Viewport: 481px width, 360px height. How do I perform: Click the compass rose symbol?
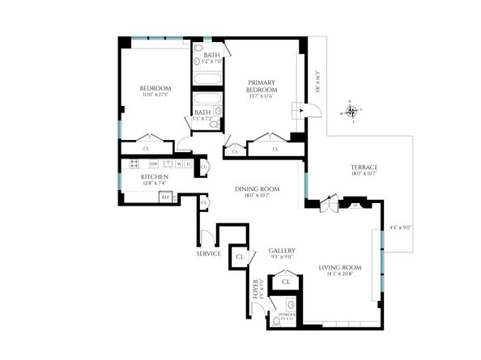(351, 111)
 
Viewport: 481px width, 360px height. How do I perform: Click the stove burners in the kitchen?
(136, 165)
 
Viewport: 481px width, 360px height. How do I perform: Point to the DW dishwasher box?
(154, 165)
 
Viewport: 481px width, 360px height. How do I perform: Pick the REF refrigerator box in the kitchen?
(165, 197)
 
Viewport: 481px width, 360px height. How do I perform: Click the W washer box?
(177, 165)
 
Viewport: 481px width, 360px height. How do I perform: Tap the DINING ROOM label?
(257, 188)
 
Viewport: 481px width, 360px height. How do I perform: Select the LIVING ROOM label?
(339, 267)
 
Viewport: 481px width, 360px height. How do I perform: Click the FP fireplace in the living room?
(354, 205)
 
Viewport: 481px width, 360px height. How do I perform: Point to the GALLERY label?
(281, 251)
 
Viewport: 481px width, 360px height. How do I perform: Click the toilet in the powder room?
(276, 320)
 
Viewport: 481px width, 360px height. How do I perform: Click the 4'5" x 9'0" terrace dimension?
(400, 228)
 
